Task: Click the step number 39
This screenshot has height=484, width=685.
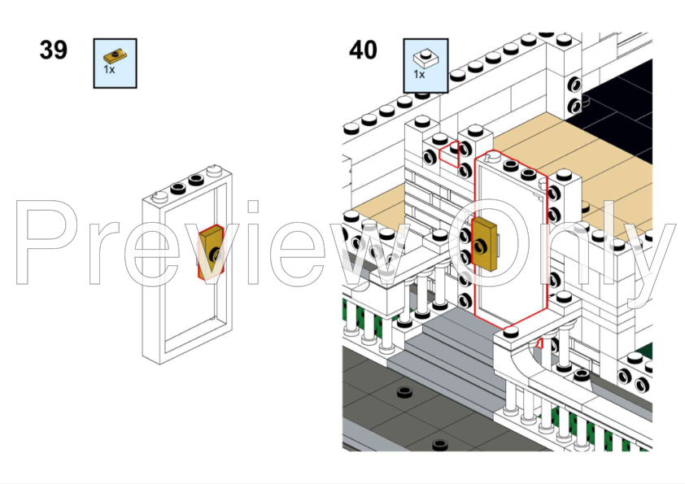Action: pos(54,50)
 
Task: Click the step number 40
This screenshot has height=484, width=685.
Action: pos(363,50)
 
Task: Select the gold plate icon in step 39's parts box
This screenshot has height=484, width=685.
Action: pos(115,56)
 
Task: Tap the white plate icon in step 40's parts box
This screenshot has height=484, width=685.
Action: pos(425,58)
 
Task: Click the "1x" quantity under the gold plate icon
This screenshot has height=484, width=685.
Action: pos(109,69)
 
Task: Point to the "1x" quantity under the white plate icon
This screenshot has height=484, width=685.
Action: pos(420,74)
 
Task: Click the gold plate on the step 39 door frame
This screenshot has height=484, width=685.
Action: pos(212,251)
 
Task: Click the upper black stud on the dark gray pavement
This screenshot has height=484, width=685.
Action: pos(405,392)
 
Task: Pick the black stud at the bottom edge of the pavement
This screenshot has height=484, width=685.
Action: pos(439,445)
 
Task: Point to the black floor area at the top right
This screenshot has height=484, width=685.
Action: pos(621,109)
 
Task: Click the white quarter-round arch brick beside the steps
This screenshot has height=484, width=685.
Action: pos(520,364)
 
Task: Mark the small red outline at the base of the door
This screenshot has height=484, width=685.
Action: pos(539,343)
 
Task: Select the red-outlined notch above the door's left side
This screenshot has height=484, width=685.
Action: pos(450,154)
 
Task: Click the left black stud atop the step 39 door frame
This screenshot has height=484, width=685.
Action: pos(178,189)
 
